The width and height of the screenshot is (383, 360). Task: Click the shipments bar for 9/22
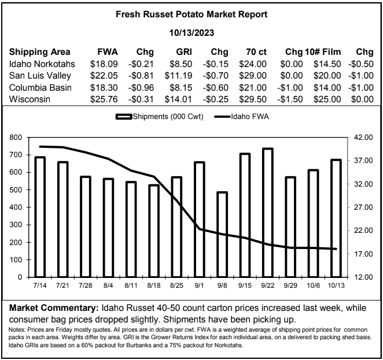tap(267, 213)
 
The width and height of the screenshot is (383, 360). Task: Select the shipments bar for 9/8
tap(222, 235)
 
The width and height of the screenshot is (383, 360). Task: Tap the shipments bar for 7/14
tap(40, 217)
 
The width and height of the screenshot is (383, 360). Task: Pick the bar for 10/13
tap(336, 218)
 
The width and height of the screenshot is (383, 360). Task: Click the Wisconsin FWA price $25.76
tap(104, 99)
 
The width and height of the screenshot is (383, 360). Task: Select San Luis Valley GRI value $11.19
tap(178, 76)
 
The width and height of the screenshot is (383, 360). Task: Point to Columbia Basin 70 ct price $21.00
tap(253, 88)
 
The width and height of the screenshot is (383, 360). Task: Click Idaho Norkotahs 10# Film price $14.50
tap(327, 64)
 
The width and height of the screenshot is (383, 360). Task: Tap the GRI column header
tap(184, 52)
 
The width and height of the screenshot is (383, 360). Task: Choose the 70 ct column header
tap(256, 52)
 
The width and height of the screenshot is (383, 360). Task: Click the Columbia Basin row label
tap(40, 88)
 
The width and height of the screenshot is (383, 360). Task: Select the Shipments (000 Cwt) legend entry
tap(160, 117)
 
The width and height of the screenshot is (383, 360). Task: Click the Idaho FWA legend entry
tap(242, 117)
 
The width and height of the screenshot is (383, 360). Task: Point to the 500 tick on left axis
tap(16, 190)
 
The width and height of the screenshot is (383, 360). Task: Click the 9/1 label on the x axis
tap(200, 285)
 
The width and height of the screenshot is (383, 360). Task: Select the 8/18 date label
tap(154, 285)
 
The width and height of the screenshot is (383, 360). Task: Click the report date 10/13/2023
tap(191, 33)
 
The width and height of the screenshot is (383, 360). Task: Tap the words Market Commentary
tap(53, 308)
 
